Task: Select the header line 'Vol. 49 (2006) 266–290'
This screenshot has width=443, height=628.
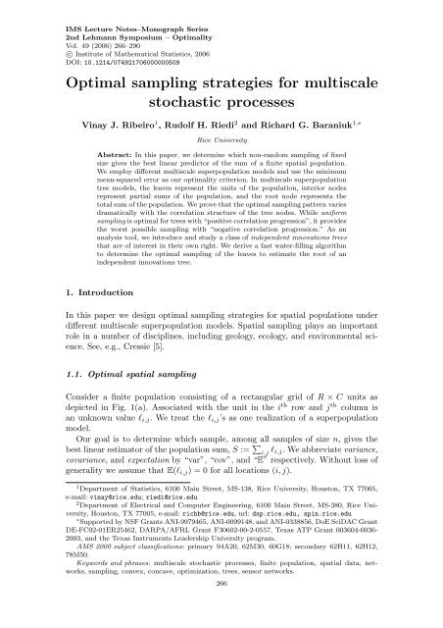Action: [x=74, y=31]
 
